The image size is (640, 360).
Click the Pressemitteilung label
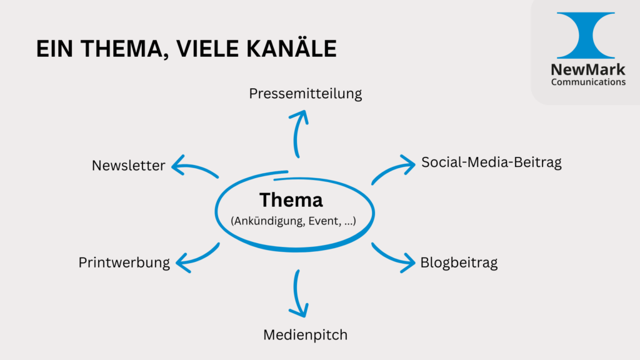point(305,94)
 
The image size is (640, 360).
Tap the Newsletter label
point(129,165)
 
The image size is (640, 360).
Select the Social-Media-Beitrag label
point(491,162)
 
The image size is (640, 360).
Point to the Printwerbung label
point(124,262)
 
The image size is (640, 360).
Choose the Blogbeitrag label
point(459,262)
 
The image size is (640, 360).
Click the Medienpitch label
point(305,335)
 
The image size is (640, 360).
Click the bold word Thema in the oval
point(291,200)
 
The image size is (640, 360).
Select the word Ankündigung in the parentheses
point(269,221)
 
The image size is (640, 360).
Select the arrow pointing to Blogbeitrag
point(392,258)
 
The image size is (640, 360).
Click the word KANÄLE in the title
point(291,49)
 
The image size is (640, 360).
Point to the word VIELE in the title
point(207,49)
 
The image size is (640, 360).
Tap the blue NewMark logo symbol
point(586,35)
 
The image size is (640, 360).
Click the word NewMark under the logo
point(588,70)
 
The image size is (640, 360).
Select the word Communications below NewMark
point(588,82)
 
